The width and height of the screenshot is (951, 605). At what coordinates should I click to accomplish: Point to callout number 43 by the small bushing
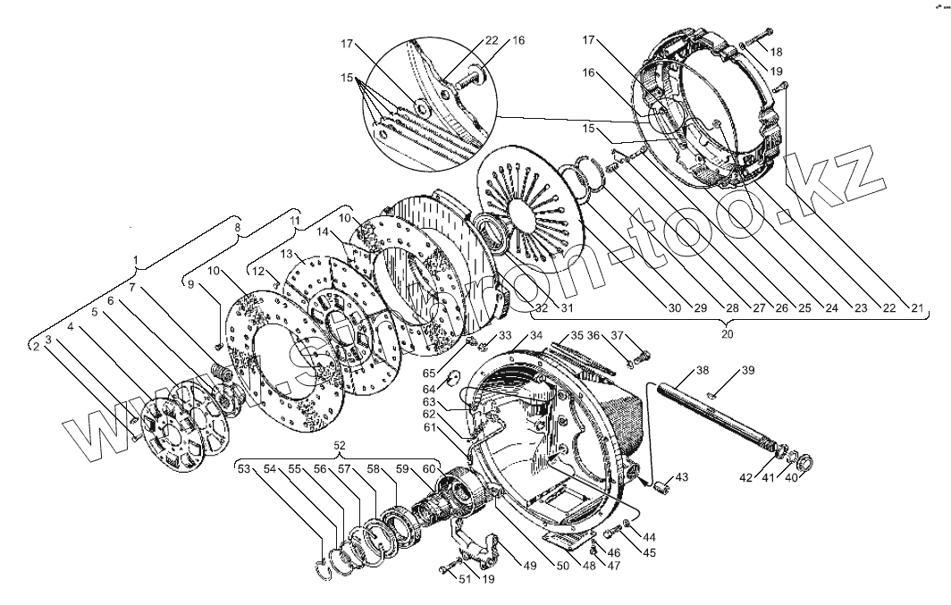pos(681,478)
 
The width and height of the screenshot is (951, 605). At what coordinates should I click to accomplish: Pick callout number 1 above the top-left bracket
pos(136,260)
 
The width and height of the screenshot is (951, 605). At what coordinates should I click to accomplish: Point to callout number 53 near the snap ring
pos(244,468)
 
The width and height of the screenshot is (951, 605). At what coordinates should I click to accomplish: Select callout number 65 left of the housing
pos(428,372)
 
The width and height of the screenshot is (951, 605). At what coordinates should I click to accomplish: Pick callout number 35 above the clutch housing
pos(577,336)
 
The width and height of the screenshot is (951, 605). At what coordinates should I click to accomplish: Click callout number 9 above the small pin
pos(189,285)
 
